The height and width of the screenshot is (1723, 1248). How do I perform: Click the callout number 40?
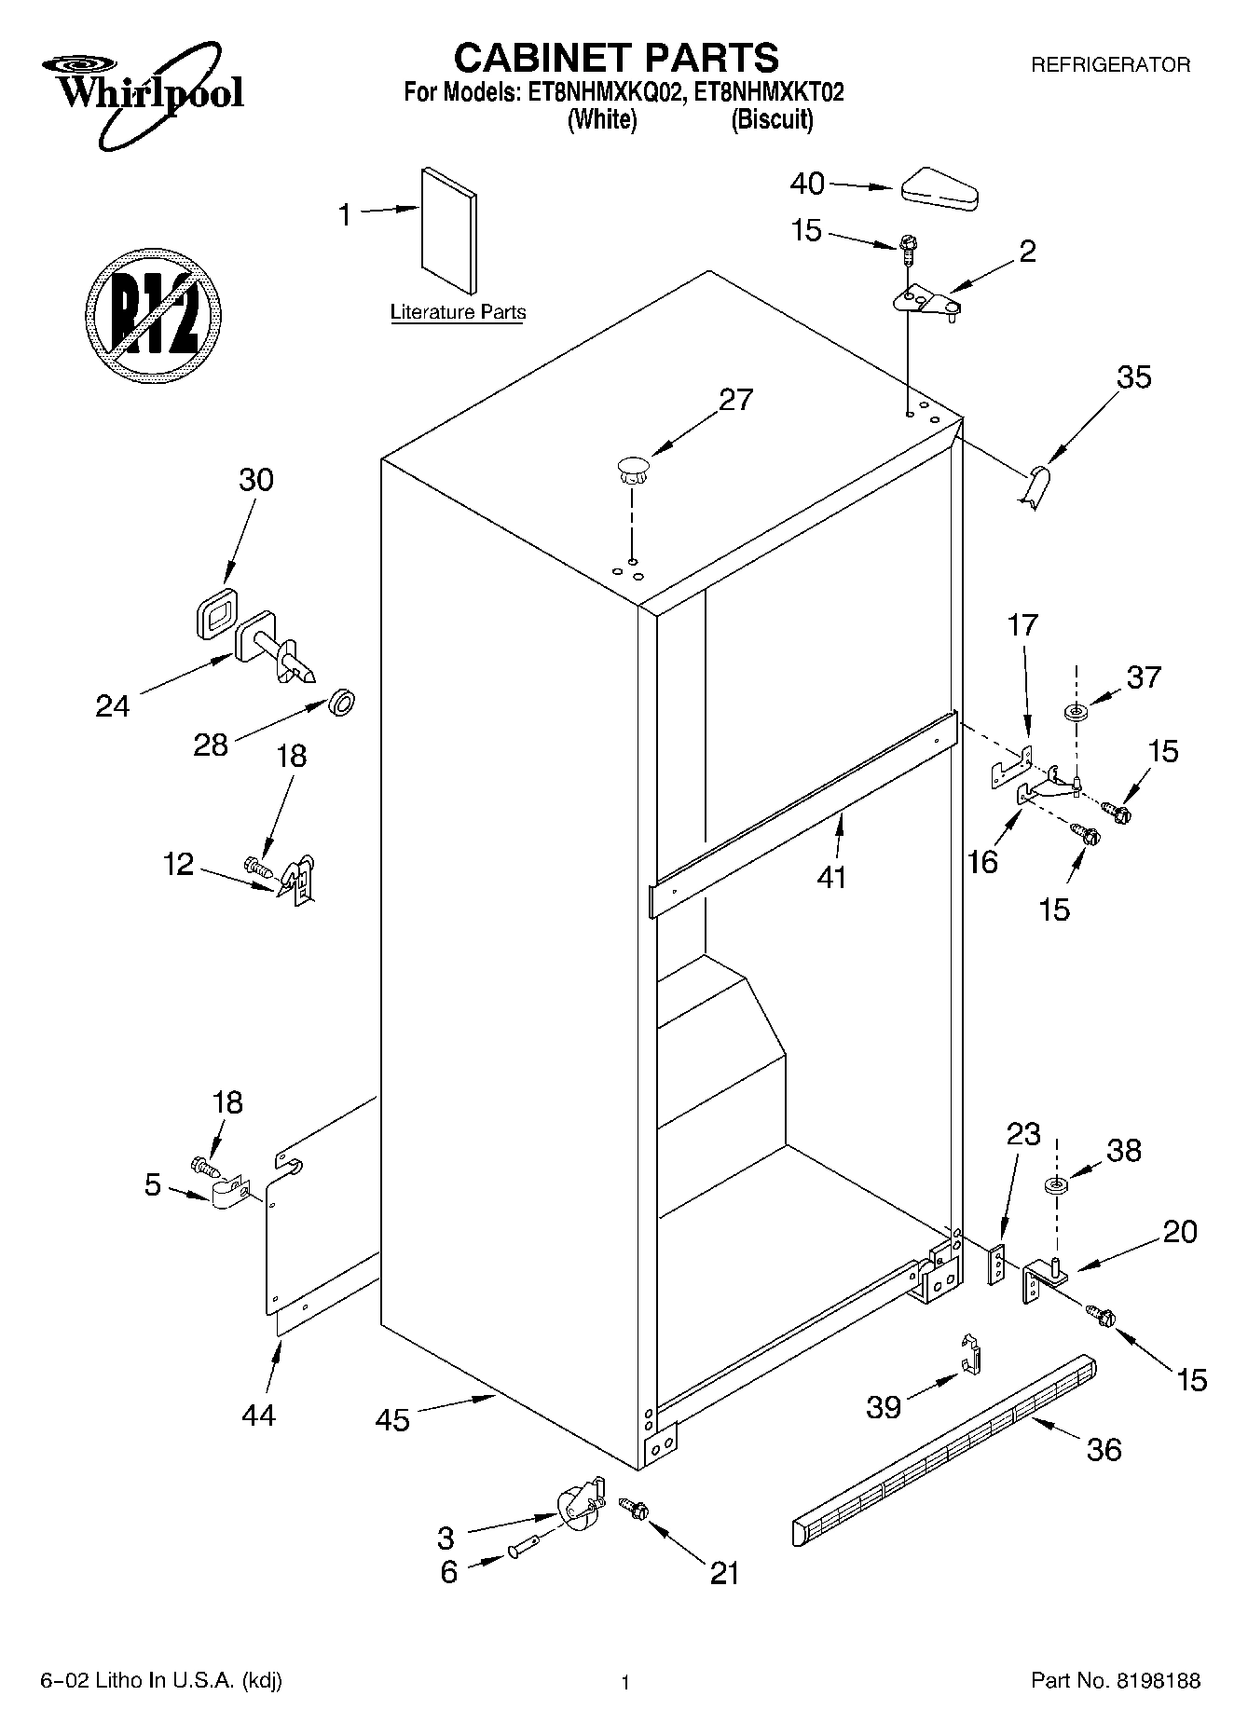[807, 184]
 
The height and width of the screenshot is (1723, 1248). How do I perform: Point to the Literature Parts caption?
[458, 312]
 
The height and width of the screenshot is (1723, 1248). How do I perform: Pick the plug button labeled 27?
[633, 470]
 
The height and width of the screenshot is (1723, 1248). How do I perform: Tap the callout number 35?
[1133, 377]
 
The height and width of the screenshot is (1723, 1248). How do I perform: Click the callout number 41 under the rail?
[831, 876]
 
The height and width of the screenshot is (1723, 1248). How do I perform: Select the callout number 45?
[392, 1420]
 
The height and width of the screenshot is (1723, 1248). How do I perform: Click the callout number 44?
[258, 1415]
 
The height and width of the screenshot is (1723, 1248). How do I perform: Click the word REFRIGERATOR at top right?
[1110, 65]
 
